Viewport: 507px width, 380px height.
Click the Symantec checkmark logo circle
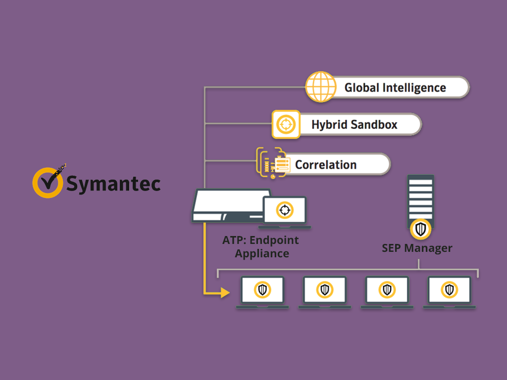48,183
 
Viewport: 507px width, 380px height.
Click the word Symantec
113,184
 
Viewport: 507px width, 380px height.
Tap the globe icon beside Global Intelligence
320,87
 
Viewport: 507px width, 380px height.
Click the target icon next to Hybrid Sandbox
286,124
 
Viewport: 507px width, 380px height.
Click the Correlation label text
326,165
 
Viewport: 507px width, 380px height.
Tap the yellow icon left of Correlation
272,162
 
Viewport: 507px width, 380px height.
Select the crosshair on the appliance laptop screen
284,210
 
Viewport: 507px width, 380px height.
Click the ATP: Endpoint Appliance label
261,247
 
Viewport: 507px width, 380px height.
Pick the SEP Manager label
417,248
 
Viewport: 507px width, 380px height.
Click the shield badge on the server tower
420,229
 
